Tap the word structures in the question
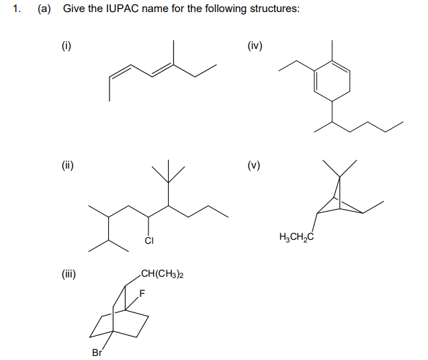tap(271, 10)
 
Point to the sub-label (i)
tap(67, 46)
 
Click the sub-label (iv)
tap(255, 46)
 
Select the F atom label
tap(142, 294)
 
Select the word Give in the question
tap(72, 10)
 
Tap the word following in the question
tap(223, 10)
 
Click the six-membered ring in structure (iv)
tap(333, 80)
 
